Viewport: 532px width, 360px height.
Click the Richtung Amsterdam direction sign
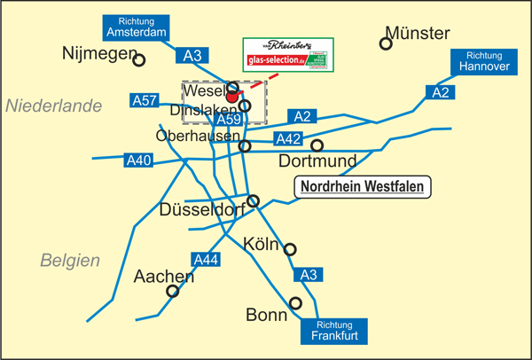pos(136,27)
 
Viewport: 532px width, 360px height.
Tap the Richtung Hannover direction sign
pos(483,63)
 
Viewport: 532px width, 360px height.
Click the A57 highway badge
pos(145,100)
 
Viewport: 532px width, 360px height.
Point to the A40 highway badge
pos(138,160)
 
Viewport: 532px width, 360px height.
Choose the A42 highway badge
pos(288,139)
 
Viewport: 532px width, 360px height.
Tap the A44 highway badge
pos(205,260)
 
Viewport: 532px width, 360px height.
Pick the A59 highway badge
pos(228,119)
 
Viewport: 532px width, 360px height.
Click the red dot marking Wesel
pos(232,98)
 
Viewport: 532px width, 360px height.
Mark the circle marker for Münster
pos(387,43)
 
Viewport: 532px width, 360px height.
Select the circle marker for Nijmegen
pos(139,59)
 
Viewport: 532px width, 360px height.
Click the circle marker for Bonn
pos(296,303)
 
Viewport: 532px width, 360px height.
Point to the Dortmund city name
pos(317,161)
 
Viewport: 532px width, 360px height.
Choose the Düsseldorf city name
pos(201,211)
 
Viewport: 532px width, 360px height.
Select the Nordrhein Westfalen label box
pos(362,187)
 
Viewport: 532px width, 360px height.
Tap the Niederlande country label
pos(54,106)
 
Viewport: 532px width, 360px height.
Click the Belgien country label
pos(70,260)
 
